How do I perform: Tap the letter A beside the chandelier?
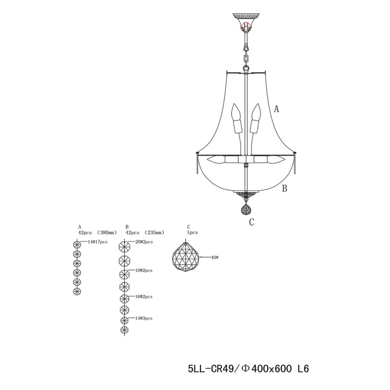[x=276, y=109]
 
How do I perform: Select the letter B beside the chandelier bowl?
[x=285, y=189]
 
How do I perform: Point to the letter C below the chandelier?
[x=252, y=222]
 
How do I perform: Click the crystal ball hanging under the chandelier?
[x=246, y=209]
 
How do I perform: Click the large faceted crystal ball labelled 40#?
[x=186, y=257]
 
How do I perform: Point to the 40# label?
[x=214, y=257]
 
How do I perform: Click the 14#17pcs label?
[x=97, y=242]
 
